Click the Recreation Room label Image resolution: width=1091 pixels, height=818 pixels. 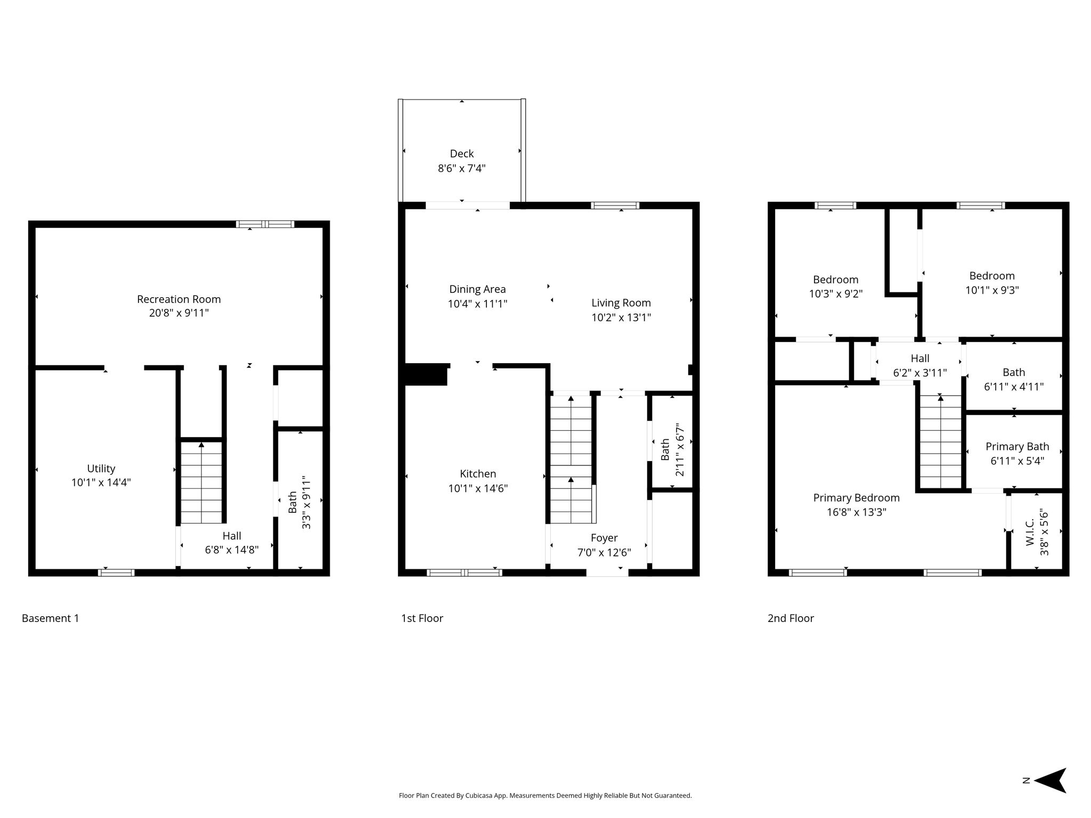(179, 299)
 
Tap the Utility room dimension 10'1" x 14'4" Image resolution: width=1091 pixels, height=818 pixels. (101, 482)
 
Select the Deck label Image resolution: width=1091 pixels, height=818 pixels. (462, 154)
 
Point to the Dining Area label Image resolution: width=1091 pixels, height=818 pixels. (477, 289)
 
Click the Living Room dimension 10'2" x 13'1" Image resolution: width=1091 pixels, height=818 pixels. (621, 317)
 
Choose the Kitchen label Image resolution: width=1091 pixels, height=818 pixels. (478, 474)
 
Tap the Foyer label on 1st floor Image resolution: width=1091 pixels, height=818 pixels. (604, 538)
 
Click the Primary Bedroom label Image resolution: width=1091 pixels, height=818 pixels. (856, 498)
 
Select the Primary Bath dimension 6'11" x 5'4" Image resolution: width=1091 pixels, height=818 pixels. (1017, 461)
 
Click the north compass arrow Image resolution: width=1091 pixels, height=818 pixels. (1050, 780)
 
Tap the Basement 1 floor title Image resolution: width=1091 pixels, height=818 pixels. (50, 618)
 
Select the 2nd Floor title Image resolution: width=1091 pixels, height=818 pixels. (791, 618)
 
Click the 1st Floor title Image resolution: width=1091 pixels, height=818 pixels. (422, 618)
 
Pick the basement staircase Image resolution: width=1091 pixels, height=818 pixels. (201, 482)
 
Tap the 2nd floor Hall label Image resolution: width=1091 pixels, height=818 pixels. (920, 358)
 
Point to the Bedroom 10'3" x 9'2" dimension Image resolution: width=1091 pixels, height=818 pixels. (836, 293)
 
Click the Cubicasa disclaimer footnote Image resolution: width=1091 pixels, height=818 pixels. (545, 796)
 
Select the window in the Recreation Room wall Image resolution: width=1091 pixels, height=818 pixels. (265, 224)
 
